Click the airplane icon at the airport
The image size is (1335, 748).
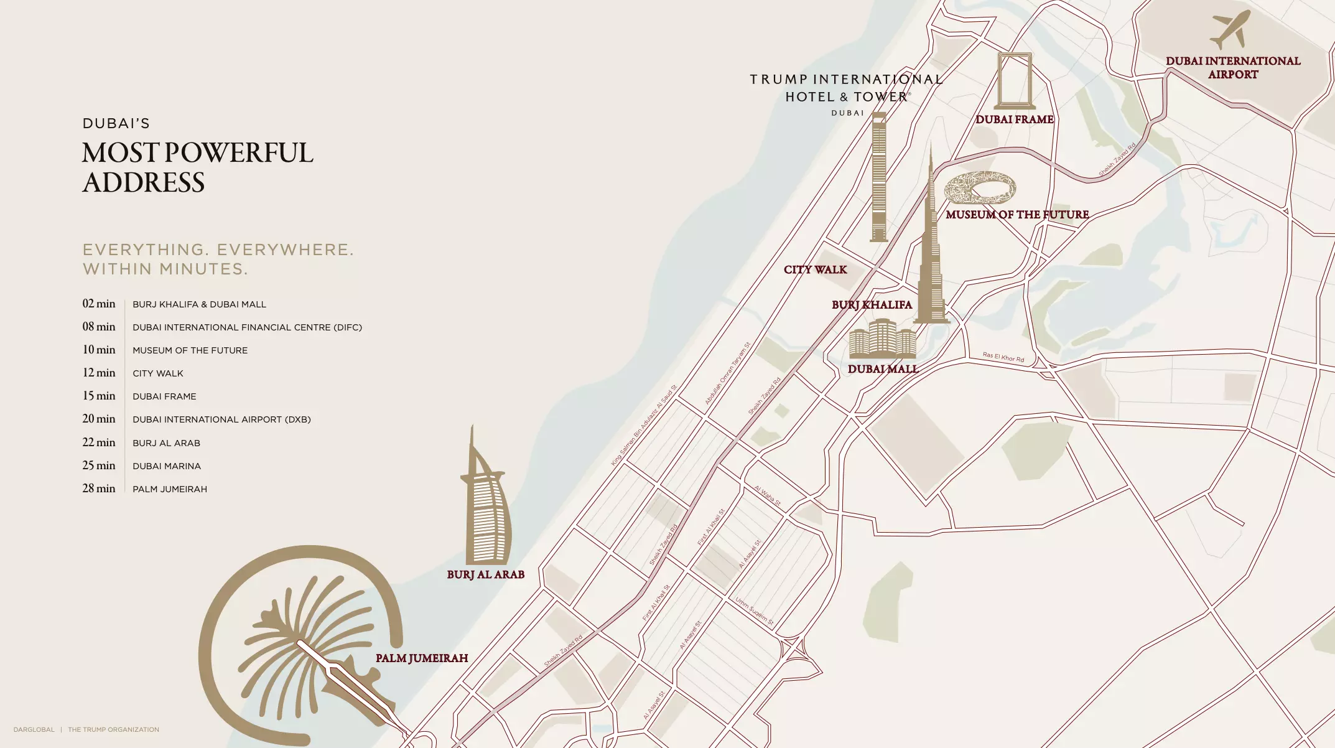point(1230,29)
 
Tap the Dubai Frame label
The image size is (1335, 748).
point(1014,119)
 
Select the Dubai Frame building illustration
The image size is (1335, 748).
point(1015,81)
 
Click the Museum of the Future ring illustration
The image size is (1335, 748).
point(980,188)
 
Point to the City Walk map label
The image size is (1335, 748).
point(815,269)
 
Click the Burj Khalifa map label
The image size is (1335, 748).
point(872,305)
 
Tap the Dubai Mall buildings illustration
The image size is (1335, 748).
point(882,339)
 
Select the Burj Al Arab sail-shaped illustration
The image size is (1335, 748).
point(487,504)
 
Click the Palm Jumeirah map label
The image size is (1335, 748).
point(421,658)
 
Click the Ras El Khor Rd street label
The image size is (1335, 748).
point(1003,357)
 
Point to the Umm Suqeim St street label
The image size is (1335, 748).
point(754,611)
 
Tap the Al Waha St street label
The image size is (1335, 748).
point(767,495)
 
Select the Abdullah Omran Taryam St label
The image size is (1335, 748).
point(727,373)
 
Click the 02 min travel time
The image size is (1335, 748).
point(99,304)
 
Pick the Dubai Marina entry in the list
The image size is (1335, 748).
point(167,466)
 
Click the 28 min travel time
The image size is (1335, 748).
point(99,489)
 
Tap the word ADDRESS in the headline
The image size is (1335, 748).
point(144,183)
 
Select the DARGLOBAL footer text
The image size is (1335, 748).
point(34,729)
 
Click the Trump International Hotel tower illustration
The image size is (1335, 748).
point(878,177)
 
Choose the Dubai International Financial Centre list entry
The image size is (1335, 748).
point(247,327)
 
